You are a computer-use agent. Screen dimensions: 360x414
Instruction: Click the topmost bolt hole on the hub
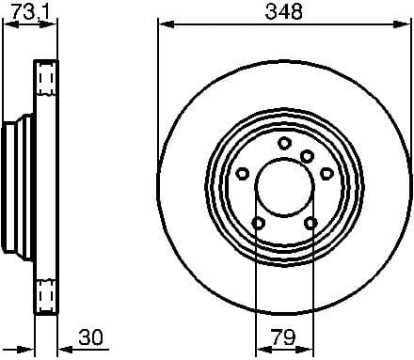pos(283,142)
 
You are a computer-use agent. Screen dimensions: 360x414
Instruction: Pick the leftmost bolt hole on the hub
pos(242,173)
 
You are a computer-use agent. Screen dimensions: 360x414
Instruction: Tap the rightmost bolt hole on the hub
pos(326,173)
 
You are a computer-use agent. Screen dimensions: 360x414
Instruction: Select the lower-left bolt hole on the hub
pos(257,222)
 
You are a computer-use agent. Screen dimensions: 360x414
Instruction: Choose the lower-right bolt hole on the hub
pos(310,222)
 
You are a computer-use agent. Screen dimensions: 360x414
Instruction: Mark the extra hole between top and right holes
pos(307,156)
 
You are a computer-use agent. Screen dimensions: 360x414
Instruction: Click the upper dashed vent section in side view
pos(45,83)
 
